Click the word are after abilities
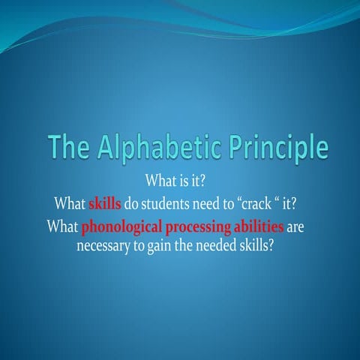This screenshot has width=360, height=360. click(297, 226)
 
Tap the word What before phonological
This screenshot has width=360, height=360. click(62, 226)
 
